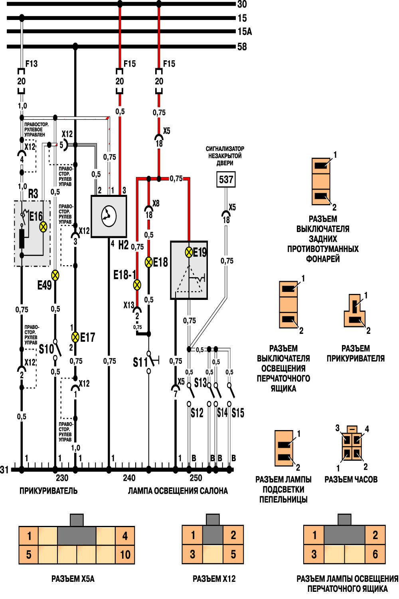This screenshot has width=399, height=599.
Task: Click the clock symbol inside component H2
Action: (108, 216)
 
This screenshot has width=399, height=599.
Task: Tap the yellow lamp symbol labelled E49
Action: (55, 275)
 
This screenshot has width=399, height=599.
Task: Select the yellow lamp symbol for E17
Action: (75, 337)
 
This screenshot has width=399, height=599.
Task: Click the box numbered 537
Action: (226, 179)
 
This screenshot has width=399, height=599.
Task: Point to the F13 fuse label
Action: (32, 63)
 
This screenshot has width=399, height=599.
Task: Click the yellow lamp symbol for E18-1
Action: (137, 285)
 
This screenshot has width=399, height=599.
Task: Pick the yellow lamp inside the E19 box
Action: (189, 252)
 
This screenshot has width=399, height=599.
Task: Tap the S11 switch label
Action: (140, 362)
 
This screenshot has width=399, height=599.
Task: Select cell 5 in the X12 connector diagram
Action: (233, 554)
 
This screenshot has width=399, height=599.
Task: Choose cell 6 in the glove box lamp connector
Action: (375, 554)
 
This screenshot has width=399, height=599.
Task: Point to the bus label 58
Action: (242, 47)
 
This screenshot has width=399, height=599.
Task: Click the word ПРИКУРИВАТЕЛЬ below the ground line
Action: (48, 491)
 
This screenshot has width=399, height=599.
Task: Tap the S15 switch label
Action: (238, 413)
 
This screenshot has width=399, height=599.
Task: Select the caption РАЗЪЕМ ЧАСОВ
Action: (351, 479)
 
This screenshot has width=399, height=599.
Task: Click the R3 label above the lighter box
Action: (33, 194)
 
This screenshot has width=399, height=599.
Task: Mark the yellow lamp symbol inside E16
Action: (43, 227)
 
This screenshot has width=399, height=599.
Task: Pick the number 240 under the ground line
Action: (129, 478)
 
